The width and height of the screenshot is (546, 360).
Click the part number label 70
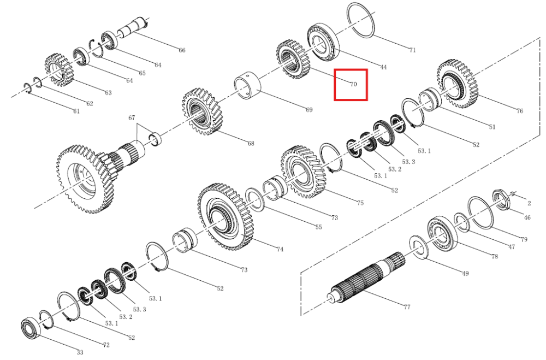pos(353,84)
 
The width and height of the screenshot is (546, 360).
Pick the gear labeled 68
pos(202,111)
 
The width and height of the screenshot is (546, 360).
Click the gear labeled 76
pos(457,84)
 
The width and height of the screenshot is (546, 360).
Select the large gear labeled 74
pos(225,217)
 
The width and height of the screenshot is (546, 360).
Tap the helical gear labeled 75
pos(303,172)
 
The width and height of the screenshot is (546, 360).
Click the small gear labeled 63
pos(59,70)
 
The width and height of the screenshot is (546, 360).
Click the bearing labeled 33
pos(31,328)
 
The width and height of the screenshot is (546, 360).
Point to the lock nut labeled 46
pos(501,200)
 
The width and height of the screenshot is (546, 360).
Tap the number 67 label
pos(132,118)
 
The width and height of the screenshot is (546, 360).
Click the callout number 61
pos(76,111)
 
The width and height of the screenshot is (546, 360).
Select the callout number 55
pos(319,227)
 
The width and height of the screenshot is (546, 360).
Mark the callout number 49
pos(465,273)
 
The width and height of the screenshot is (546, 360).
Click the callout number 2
pos(529,203)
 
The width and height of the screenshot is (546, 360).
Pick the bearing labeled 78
pos(442,233)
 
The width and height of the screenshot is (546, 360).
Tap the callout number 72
pos(106,345)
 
